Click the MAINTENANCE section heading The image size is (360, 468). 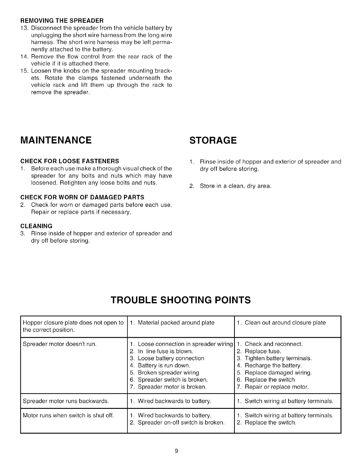click(x=56, y=140)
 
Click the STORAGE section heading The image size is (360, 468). click(x=213, y=140)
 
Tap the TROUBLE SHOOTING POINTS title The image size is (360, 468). click(x=181, y=300)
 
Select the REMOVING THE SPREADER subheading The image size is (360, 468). click(x=62, y=21)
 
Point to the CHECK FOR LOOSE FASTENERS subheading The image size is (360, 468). click(x=70, y=161)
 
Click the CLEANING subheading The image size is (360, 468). click(x=36, y=226)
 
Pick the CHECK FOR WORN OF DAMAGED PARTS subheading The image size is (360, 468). click(x=82, y=197)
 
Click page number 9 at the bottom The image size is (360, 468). click(x=176, y=451)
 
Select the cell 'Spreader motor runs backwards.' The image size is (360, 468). click(x=66, y=401)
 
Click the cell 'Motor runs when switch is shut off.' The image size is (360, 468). click(x=68, y=415)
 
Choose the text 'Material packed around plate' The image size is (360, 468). click(x=176, y=323)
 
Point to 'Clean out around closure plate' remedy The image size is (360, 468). click(x=285, y=323)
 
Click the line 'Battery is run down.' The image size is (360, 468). click(x=164, y=365)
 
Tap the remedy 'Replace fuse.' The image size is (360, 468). click(x=263, y=351)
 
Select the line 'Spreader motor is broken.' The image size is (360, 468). click(x=172, y=387)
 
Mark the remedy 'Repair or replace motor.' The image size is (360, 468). click(x=277, y=387)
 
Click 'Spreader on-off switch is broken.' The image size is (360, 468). click(x=181, y=423)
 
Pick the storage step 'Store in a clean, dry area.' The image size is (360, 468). click(x=236, y=186)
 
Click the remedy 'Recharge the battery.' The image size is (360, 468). click(x=273, y=365)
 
